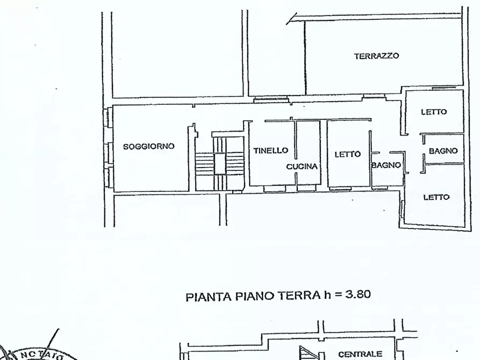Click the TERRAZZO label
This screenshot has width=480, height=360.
(x=376, y=56)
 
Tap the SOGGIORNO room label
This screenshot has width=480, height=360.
(x=149, y=146)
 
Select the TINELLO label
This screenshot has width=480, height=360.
(x=271, y=151)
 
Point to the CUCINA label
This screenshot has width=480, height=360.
(x=302, y=167)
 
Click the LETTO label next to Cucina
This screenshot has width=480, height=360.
(x=347, y=154)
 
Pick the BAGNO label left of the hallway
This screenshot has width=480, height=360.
(x=386, y=165)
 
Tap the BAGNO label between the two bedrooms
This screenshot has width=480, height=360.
(x=443, y=151)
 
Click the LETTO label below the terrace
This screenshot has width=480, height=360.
(x=434, y=112)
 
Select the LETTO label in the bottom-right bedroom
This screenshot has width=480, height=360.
(x=436, y=197)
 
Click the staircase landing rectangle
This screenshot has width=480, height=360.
(x=220, y=163)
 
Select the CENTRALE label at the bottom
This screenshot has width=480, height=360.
(x=360, y=354)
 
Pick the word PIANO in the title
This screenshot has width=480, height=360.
(x=252, y=296)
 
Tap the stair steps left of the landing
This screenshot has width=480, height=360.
(x=205, y=163)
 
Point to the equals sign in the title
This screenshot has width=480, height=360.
(x=337, y=296)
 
